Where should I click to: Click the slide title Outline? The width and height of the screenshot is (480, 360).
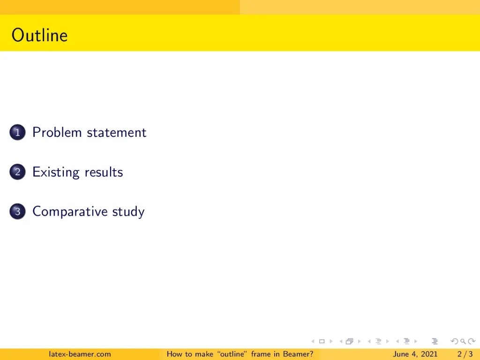coord(39,36)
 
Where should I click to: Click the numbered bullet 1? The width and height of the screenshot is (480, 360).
coord(17,133)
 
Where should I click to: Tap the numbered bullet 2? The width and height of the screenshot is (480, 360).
coord(17,172)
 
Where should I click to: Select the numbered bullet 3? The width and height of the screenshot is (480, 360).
coord(17,211)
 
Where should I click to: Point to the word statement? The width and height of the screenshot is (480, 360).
coord(116,133)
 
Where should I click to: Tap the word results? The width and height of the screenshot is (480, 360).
coord(104,172)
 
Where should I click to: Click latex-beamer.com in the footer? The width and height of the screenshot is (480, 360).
coord(80,354)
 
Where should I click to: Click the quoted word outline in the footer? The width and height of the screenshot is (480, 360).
coord(233,354)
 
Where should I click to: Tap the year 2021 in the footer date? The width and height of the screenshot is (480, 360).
coord(429,354)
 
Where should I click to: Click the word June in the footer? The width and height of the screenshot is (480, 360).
coord(401,354)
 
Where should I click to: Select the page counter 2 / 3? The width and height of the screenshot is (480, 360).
coord(465,354)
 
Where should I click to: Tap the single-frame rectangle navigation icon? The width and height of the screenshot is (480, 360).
coord(322,341)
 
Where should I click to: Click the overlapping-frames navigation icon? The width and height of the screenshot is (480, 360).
coord(349,341)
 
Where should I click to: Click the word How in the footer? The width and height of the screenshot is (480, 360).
coord(174,354)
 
